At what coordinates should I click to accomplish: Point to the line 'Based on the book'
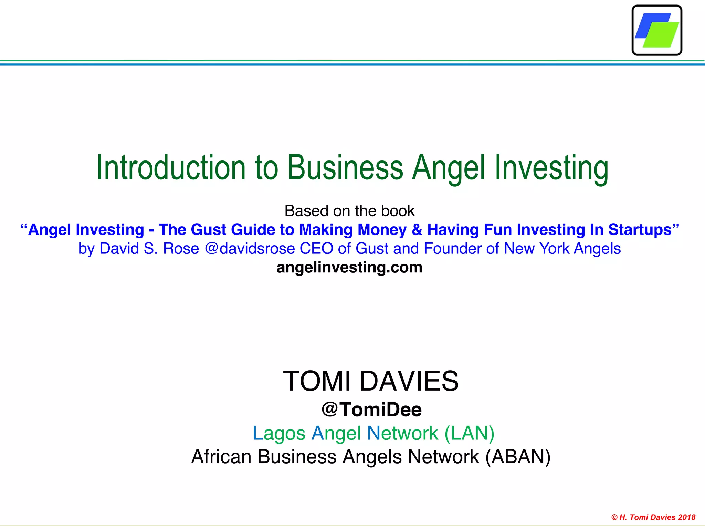(x=349, y=211)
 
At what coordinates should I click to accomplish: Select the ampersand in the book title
(x=417, y=230)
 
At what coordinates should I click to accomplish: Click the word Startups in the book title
(x=640, y=230)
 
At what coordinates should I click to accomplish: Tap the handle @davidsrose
(x=250, y=249)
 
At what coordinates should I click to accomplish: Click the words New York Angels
(x=562, y=249)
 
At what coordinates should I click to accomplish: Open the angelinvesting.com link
(x=349, y=268)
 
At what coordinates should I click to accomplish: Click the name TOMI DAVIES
(x=371, y=381)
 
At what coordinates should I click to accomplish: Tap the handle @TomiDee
(x=371, y=409)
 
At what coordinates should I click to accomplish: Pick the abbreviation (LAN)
(x=469, y=433)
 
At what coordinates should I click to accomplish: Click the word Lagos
(x=279, y=433)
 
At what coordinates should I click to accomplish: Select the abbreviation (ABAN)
(x=518, y=457)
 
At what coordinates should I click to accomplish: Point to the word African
(x=221, y=457)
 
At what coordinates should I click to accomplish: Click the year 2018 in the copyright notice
(x=687, y=517)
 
